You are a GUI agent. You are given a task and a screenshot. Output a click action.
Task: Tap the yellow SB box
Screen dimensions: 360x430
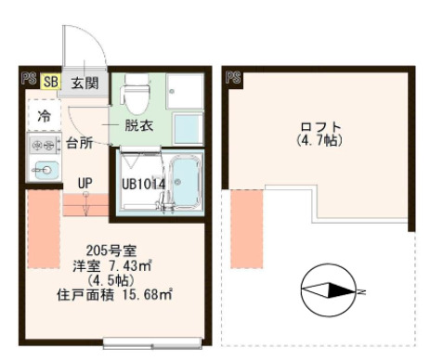click(x=51, y=82)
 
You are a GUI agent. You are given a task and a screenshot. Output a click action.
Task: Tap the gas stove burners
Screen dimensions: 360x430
click(x=43, y=145)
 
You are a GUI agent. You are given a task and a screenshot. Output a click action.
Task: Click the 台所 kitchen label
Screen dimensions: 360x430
click(x=79, y=143)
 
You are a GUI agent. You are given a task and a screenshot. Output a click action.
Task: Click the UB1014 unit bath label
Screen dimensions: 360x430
click(x=144, y=184)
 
